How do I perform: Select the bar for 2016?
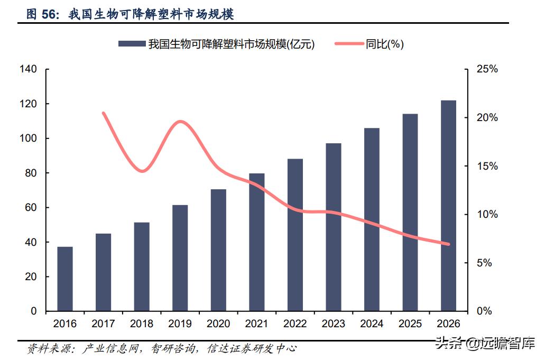(65, 279)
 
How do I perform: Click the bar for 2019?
(180, 258)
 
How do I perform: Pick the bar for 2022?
(295, 235)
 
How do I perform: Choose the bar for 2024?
(372, 219)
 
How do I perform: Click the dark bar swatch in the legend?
(132, 45)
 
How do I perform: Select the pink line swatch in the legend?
(349, 45)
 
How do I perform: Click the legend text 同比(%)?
(385, 45)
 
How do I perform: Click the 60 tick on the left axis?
(31, 208)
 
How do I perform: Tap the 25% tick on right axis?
(487, 69)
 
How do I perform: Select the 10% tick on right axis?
(487, 215)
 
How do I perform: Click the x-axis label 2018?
(142, 324)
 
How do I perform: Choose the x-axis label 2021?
(256, 324)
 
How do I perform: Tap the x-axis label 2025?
(410, 324)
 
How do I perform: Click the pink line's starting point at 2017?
(104, 113)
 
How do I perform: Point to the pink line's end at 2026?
(448, 244)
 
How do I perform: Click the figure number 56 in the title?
(50, 15)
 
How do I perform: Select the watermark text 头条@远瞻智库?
(485, 344)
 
